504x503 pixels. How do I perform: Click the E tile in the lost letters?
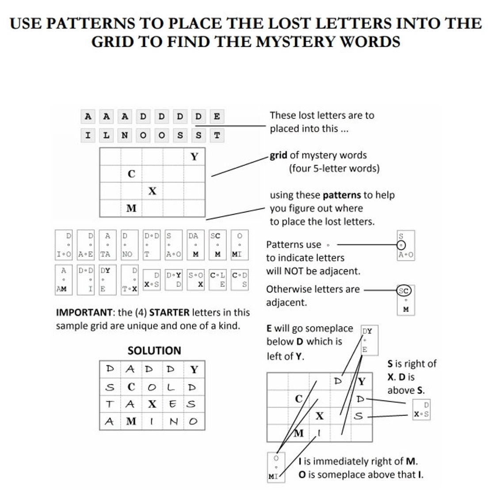[x=217, y=117]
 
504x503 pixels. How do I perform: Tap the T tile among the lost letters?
[x=217, y=135]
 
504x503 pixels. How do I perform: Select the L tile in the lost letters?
[x=106, y=135]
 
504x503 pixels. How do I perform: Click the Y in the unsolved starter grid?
[x=194, y=156]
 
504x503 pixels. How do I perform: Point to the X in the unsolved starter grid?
[x=152, y=191]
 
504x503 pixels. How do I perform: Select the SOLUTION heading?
[x=154, y=351]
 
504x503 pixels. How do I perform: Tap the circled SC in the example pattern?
[x=404, y=290]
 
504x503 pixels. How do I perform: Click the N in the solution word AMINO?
[x=173, y=422]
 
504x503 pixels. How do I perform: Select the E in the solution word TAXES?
[x=173, y=404]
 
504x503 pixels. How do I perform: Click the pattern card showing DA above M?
[x=195, y=245]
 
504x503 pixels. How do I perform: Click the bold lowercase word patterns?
[x=343, y=195]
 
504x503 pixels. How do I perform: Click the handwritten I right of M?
[x=319, y=434]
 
